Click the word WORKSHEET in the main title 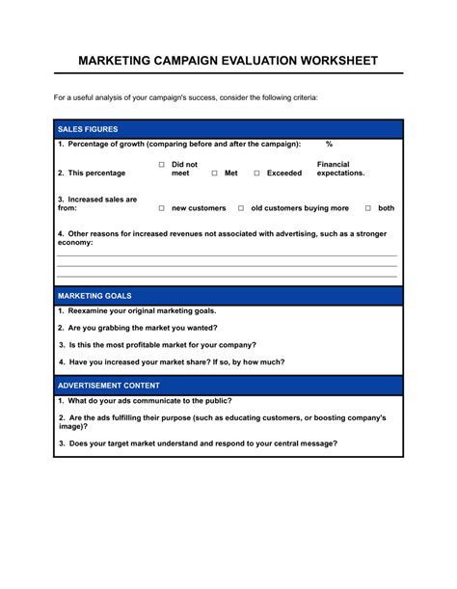330,60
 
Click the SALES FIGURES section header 88,128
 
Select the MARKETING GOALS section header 94,296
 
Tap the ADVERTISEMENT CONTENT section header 110,385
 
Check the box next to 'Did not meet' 162,165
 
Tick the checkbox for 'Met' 214,174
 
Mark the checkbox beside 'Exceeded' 256,174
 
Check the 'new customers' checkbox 162,208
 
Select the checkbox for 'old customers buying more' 241,208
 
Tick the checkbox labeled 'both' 367,208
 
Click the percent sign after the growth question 329,144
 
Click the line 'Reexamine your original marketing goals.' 137,311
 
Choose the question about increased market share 171,362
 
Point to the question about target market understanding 198,443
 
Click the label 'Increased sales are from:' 96,203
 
